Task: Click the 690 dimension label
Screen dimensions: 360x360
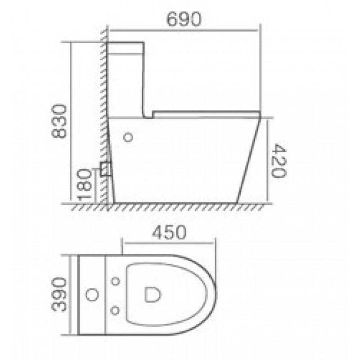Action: pos(184,19)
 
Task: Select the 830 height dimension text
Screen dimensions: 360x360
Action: pos(59,121)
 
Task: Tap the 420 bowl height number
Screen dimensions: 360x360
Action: pos(279,161)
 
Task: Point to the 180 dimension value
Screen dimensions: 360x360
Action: pos(85,185)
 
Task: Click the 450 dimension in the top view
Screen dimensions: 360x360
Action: pos(169,232)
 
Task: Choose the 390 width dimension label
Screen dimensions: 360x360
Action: pos(59,295)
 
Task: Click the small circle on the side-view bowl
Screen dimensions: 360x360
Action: pos(128,137)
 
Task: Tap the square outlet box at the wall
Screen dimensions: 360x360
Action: pos(106,169)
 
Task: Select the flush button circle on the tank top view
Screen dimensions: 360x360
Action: pos(92,295)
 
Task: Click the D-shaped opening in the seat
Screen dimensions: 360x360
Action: pos(153,295)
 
